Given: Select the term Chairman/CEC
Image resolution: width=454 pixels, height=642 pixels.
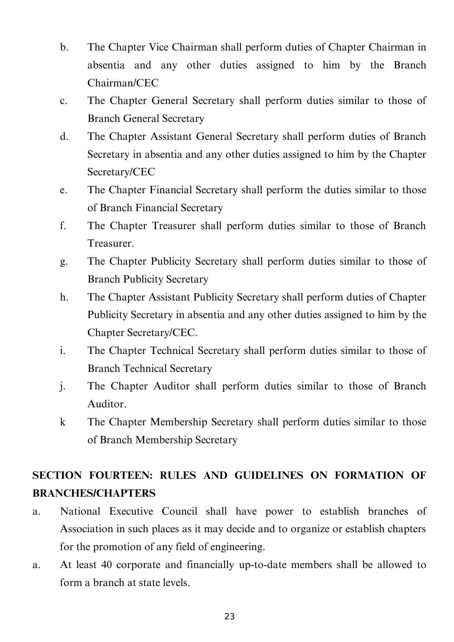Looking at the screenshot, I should point(123,83).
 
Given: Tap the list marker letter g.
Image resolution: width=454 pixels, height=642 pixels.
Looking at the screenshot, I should point(63,262).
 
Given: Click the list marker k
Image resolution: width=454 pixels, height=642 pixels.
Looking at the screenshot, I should point(63,422).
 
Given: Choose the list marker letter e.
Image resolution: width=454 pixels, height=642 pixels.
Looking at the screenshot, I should point(63,190).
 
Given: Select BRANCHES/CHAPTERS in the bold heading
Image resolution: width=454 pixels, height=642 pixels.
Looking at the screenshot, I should point(94,493).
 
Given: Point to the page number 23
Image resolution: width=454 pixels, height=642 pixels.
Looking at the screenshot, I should point(229,617).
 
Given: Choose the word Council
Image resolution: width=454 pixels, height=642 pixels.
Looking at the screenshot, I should point(179,511).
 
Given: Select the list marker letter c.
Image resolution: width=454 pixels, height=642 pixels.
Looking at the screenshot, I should point(63,101).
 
